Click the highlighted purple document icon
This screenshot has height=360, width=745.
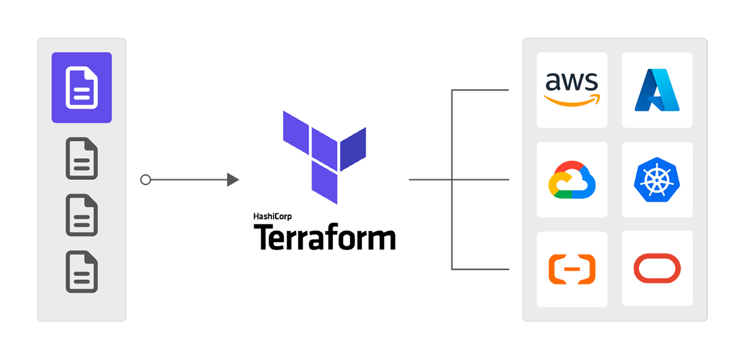[x=82, y=88]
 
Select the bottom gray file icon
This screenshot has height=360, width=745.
[x=82, y=271]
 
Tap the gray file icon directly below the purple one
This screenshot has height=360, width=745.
[x=82, y=158]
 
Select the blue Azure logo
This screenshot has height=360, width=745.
[x=657, y=90]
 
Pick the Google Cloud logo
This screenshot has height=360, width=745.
[x=572, y=180]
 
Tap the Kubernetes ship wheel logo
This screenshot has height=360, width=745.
[x=657, y=180]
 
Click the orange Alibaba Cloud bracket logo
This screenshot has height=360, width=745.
[x=572, y=269]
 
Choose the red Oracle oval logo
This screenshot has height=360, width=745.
[x=657, y=269]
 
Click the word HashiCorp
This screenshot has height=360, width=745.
[x=273, y=217]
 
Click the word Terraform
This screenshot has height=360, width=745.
[x=324, y=237]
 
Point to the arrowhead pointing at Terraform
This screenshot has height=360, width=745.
[x=233, y=180]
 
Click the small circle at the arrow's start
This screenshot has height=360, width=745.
[x=145, y=180]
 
